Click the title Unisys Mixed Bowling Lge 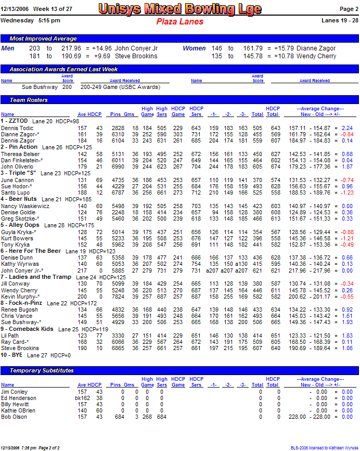[x=179, y=9]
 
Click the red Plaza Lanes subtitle [x=179, y=22]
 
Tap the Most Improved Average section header [x=43, y=39]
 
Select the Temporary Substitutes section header [x=42, y=370]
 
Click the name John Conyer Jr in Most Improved [x=136, y=48]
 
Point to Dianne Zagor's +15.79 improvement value [x=281, y=48]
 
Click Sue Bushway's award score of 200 [x=67, y=87]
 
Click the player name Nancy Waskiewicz [x=25, y=207]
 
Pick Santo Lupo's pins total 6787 [x=118, y=192]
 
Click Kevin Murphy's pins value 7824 [x=118, y=297]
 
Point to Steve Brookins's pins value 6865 [x=118, y=349]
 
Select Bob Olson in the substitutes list [x=14, y=417]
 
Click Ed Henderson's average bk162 [x=81, y=398]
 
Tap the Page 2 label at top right [x=349, y=9]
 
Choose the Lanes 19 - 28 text [x=340, y=21]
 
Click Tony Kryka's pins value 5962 [x=118, y=244]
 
